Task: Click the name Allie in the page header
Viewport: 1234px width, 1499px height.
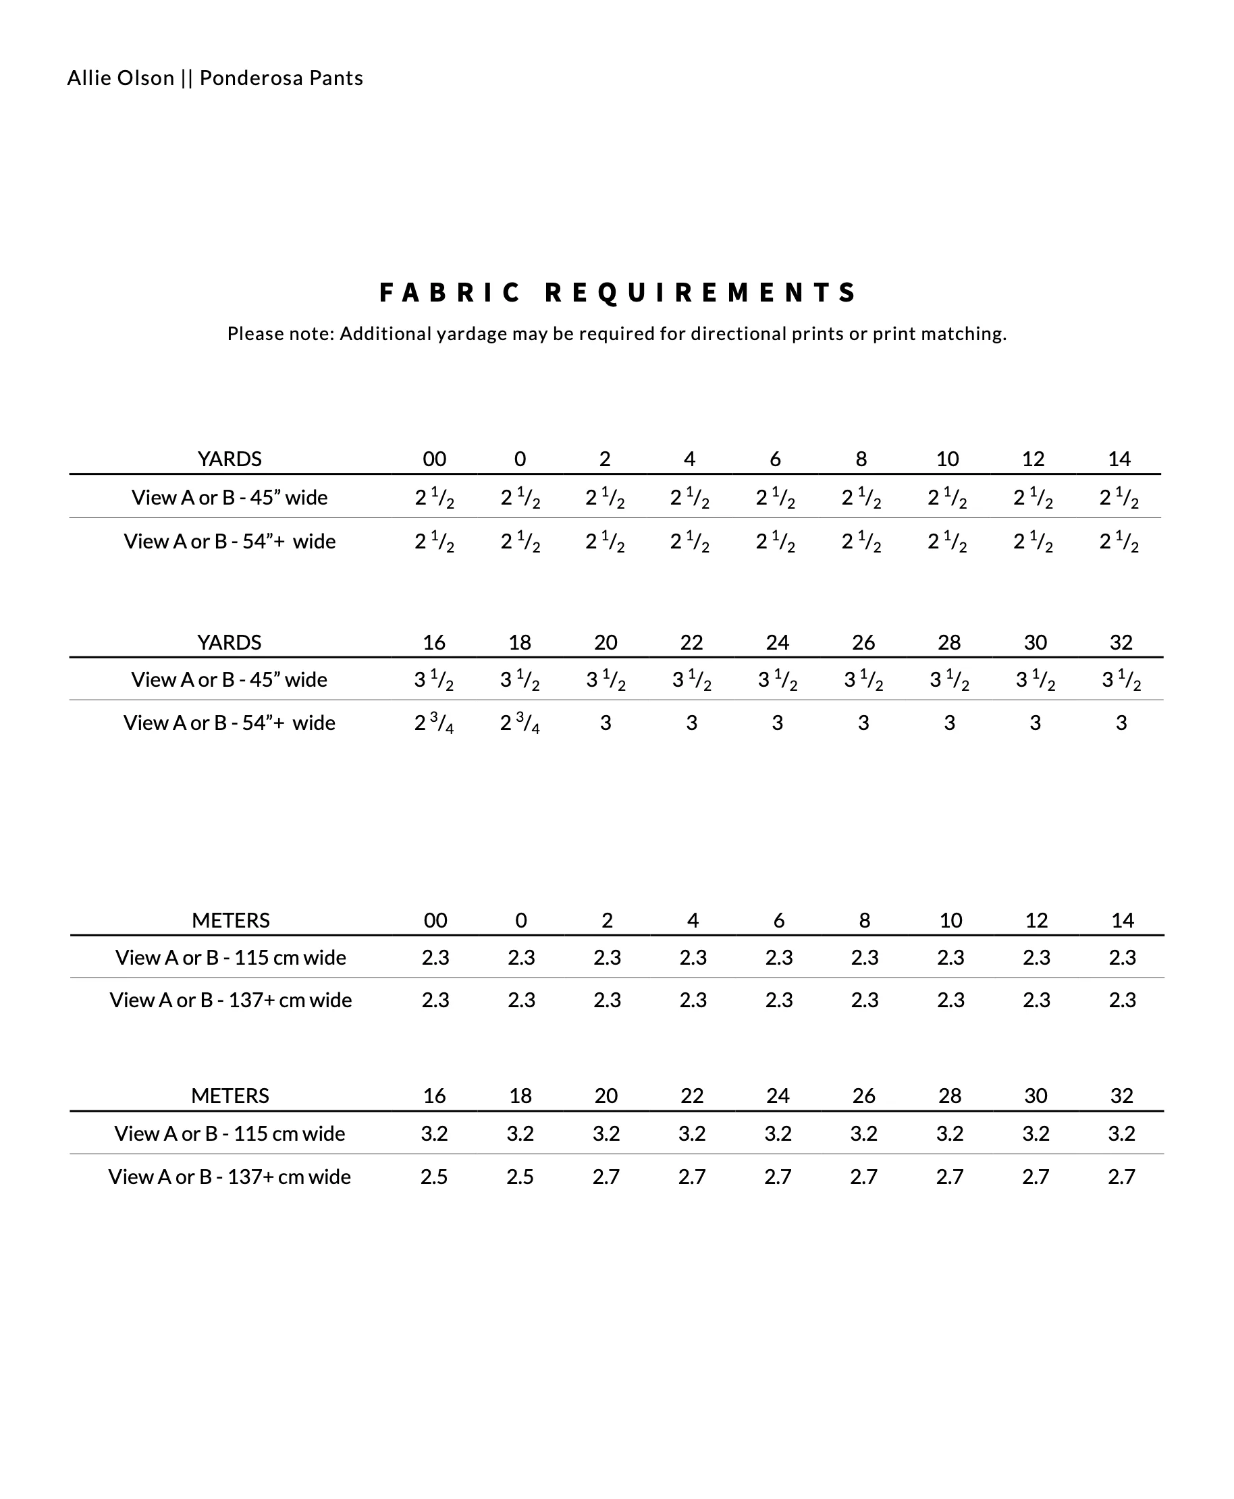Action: click(85, 78)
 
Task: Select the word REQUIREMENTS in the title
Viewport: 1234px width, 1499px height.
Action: click(701, 293)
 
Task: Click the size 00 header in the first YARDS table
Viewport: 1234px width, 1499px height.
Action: click(434, 459)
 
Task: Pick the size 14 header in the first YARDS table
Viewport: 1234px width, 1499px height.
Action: click(1119, 459)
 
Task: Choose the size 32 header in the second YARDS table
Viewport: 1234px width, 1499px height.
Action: click(1121, 642)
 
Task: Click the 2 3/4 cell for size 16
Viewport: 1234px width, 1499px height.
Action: click(434, 723)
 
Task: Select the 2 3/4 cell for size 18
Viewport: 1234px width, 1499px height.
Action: click(520, 723)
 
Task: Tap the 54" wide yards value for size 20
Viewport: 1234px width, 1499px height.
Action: click(606, 723)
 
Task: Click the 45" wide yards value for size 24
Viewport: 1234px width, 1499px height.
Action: click(778, 680)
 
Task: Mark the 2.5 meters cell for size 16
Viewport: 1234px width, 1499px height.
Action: click(434, 1177)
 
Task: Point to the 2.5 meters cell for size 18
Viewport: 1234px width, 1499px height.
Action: click(520, 1177)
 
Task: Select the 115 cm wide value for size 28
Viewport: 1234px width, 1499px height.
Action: click(950, 1134)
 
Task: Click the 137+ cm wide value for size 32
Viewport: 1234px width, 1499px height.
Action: click(1121, 1177)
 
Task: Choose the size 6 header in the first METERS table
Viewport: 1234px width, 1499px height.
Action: click(779, 921)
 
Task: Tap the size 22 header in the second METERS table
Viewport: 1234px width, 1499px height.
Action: click(692, 1096)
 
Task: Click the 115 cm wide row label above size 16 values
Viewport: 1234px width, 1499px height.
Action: click(230, 1134)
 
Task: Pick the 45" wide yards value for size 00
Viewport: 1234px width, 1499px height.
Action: click(434, 498)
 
